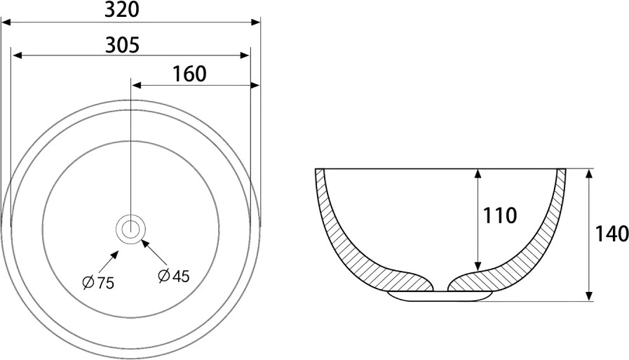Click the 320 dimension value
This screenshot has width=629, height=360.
point(121,10)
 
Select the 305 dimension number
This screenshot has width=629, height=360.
point(122,45)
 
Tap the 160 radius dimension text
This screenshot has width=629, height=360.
point(189,74)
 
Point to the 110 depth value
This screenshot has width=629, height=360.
point(499,215)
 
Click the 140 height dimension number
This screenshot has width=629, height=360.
point(611,234)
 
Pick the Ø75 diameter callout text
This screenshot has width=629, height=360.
point(98,283)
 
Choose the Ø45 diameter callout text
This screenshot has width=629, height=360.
point(174,276)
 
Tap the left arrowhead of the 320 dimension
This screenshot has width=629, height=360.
point(6,22)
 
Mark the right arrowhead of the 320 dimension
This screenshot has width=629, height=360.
point(255,22)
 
